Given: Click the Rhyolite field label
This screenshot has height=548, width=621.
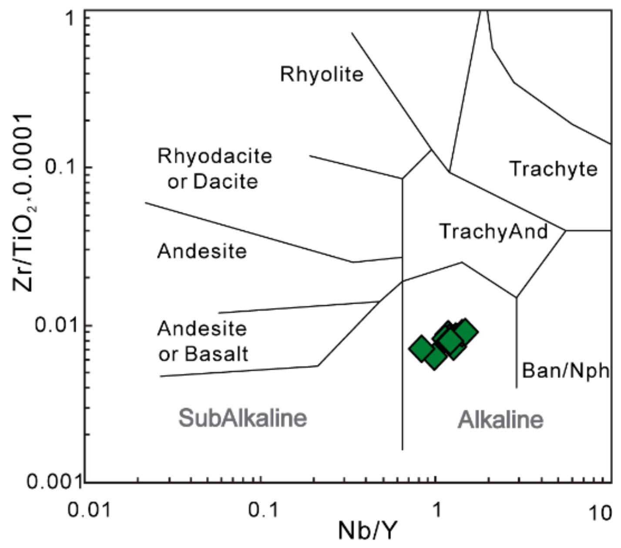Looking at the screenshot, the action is (x=321, y=74).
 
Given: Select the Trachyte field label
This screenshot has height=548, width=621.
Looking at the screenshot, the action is (x=554, y=169).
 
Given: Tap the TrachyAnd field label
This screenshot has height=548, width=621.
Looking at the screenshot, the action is (x=493, y=231).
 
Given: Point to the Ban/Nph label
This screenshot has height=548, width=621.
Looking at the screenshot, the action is (x=565, y=370).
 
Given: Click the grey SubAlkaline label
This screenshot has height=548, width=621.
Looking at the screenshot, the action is (x=243, y=418).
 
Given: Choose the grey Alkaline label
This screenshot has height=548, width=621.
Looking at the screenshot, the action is (x=500, y=420).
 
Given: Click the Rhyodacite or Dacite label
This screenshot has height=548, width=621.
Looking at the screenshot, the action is (x=214, y=169).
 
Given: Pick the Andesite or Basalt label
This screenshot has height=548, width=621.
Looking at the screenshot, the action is (x=202, y=341).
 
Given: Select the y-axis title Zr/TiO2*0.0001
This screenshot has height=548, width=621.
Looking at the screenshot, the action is (x=23, y=202).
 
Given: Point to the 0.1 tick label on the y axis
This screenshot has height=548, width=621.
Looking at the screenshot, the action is (x=63, y=167).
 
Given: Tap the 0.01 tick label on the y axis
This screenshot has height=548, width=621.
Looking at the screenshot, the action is (x=58, y=325).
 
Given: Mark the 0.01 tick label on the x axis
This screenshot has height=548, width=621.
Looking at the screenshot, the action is (x=89, y=511).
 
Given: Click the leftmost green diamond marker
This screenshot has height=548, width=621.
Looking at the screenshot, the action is (x=421, y=348).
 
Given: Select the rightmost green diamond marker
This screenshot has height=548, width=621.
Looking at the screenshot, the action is (x=465, y=332).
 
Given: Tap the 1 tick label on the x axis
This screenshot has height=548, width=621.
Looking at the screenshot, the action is (x=436, y=511).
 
